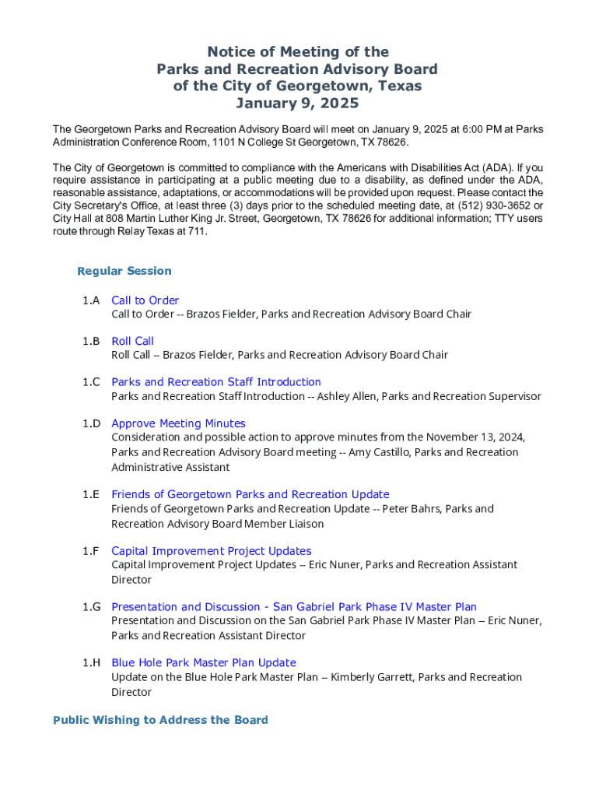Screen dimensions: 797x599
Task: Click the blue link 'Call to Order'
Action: pos(145,300)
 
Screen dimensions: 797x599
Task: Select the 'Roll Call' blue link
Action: pos(132,341)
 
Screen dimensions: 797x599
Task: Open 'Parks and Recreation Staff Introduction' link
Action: pos(215,382)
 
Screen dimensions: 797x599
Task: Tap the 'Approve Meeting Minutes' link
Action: pos(178,423)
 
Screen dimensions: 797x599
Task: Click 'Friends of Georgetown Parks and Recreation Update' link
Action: pos(250,494)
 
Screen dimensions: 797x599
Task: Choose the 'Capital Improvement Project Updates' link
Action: pos(211,551)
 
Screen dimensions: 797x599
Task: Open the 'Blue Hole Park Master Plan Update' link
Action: pos(203,663)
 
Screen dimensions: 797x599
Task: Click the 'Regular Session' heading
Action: pos(124,271)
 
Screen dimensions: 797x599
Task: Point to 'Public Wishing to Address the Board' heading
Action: pos(160,720)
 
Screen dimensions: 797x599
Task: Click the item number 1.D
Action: pos(92,423)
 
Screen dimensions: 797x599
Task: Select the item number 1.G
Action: pos(92,607)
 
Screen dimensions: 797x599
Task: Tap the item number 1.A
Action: pos(92,300)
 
